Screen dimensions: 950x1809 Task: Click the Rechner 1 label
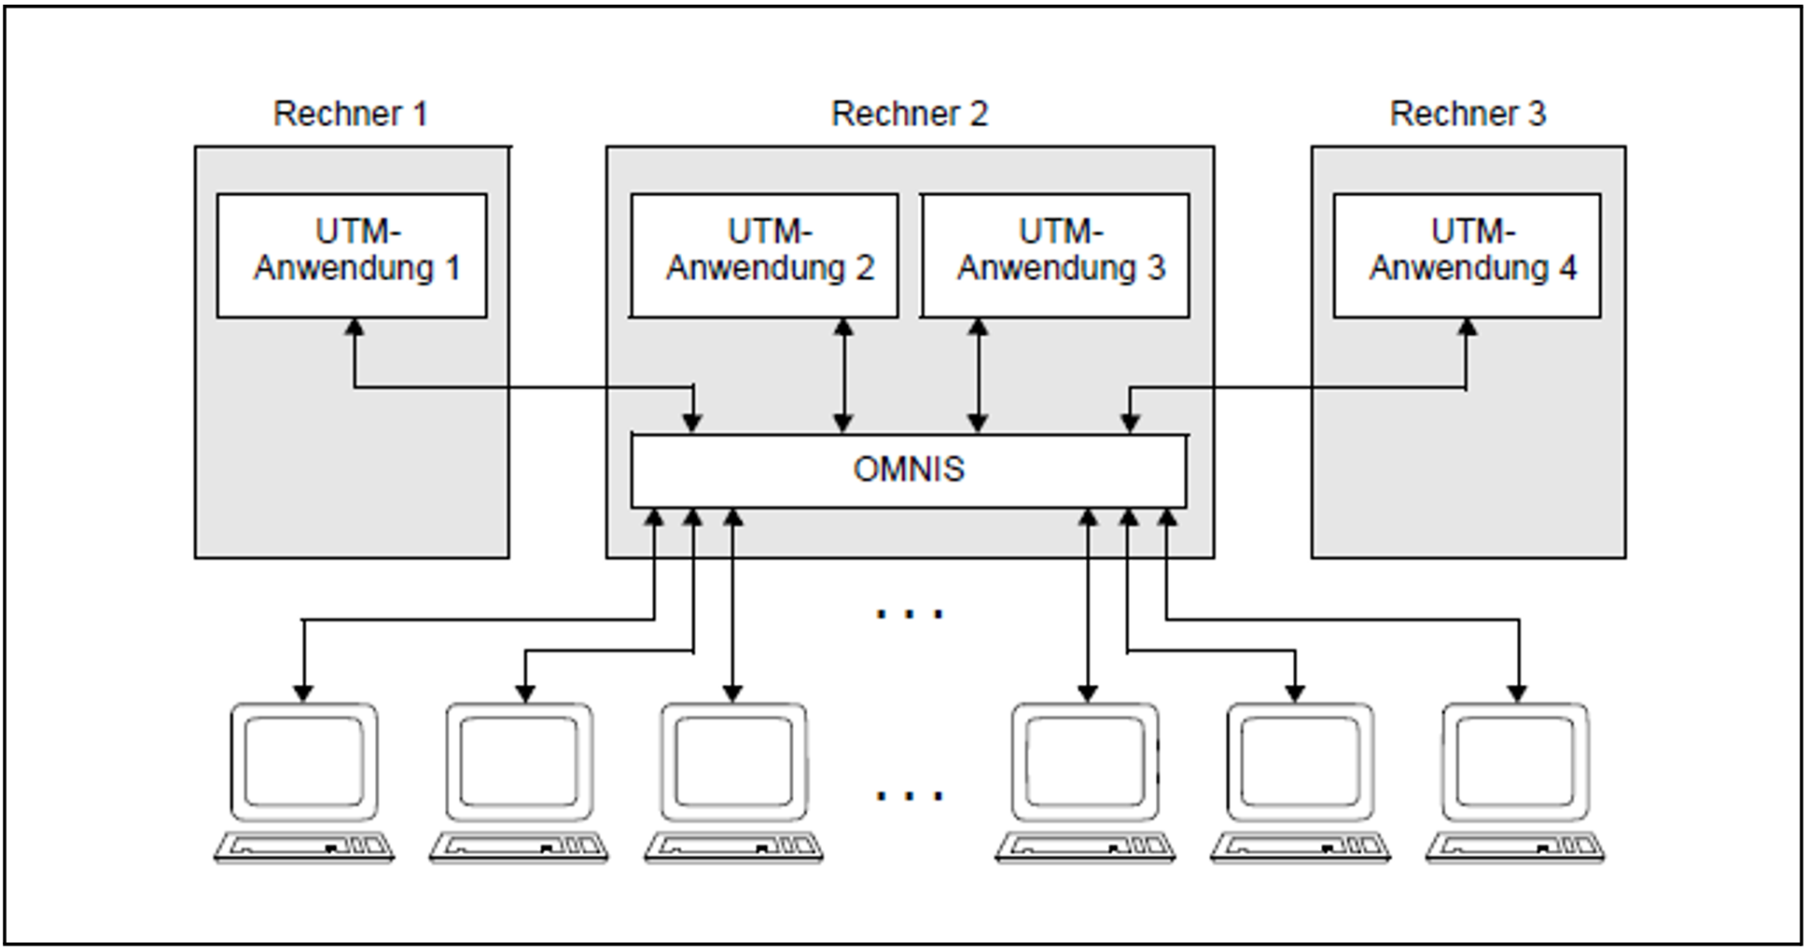coord(350,114)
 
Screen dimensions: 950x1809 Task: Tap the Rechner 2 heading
coord(909,114)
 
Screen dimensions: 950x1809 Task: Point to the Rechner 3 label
coord(1468,114)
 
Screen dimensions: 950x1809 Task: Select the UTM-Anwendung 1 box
coord(352,255)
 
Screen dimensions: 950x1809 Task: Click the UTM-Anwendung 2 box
coord(764,255)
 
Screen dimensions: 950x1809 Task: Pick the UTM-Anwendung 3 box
coord(1055,255)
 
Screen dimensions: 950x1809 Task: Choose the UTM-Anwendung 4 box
coord(1467,255)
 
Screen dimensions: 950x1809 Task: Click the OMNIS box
coord(909,470)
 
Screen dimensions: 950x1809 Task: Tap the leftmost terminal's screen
coord(303,761)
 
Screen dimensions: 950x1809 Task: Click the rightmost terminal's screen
coord(1515,761)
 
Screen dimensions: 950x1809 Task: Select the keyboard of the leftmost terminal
coord(303,846)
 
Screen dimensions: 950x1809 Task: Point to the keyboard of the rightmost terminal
coord(1515,846)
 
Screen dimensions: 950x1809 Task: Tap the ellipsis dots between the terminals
coord(909,796)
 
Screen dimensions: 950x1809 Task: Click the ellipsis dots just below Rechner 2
coord(909,614)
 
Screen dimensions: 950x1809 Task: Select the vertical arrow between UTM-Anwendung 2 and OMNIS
coord(843,375)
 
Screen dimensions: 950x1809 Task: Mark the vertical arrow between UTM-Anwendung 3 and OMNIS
coord(978,375)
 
